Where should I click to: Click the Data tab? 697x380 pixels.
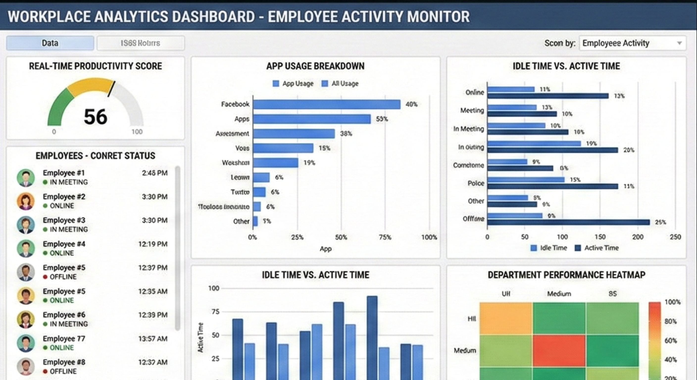(50, 43)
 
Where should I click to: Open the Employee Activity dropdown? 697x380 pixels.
(632, 43)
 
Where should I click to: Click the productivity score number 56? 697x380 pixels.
(96, 117)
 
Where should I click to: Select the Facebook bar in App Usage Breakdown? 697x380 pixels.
(326, 104)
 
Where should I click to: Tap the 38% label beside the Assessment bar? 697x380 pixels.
(346, 134)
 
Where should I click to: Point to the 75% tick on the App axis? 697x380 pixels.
(385, 237)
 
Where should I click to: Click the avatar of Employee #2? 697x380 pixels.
(26, 201)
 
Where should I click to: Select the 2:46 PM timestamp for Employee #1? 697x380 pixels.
(154, 173)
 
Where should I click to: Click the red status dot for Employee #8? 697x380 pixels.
(45, 371)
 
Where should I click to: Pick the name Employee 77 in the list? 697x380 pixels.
(64, 339)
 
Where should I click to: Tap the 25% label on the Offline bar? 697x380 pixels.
(660, 222)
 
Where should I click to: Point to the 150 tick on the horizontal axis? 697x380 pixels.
(600, 237)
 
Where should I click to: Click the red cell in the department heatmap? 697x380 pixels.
(559, 351)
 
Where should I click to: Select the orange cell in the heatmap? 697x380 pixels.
(506, 318)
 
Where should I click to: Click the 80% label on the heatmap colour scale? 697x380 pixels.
(670, 322)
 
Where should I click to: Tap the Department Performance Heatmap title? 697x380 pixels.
(566, 275)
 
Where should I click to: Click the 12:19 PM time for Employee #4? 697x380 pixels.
(153, 244)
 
